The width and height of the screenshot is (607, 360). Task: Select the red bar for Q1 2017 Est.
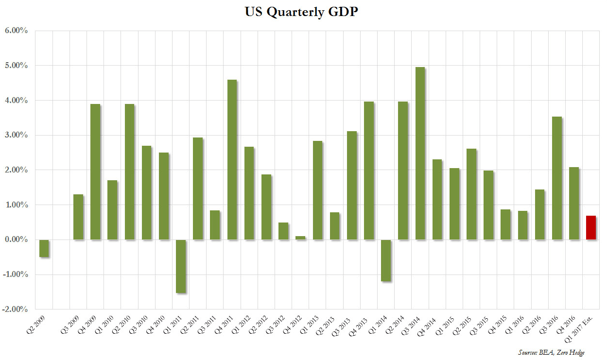click(590, 227)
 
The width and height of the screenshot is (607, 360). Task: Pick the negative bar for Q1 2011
click(180, 266)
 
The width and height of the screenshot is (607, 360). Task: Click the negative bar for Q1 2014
click(386, 260)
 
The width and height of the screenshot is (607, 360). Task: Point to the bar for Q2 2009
click(44, 248)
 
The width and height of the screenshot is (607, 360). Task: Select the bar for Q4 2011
click(232, 159)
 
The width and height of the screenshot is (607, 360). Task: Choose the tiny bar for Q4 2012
click(300, 238)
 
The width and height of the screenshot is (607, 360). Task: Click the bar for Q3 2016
click(556, 178)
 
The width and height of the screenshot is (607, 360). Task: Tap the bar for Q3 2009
click(78, 217)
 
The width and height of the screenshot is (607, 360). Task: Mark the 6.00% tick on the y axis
click(17, 31)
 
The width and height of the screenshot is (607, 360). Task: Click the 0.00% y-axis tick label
click(17, 240)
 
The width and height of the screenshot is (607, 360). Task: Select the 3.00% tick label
click(17, 135)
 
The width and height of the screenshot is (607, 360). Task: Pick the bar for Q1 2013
click(317, 190)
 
